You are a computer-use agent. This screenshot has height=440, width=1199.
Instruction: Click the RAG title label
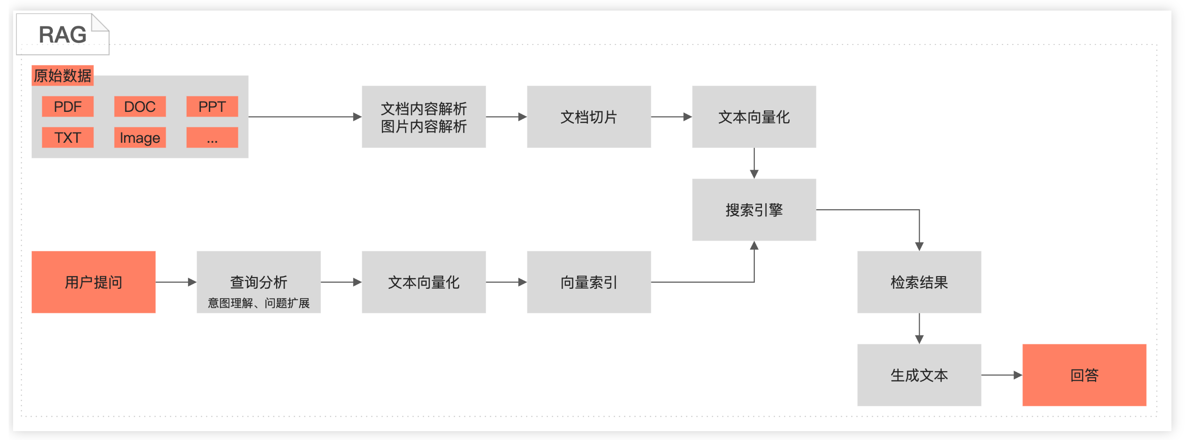pyautogui.click(x=62, y=35)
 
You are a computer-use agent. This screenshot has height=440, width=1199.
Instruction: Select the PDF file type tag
pyautogui.click(x=67, y=107)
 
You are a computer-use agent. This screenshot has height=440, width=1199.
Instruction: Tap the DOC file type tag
pyautogui.click(x=139, y=107)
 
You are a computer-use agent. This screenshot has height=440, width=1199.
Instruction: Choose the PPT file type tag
pyautogui.click(x=212, y=107)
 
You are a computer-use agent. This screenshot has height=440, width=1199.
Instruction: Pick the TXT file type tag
pyautogui.click(x=67, y=138)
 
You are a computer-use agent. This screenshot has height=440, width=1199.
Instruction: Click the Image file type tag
pyautogui.click(x=139, y=138)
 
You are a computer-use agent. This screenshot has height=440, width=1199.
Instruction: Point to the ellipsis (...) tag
pyautogui.click(x=212, y=138)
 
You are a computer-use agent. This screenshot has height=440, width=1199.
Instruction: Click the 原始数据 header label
pyautogui.click(x=62, y=75)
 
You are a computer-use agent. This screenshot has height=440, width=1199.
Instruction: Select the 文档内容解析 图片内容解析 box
pyautogui.click(x=424, y=117)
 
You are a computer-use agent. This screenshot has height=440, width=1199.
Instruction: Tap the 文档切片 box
pyautogui.click(x=589, y=117)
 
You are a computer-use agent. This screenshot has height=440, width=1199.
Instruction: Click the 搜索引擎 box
pyautogui.click(x=754, y=210)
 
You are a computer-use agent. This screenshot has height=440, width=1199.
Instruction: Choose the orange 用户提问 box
pyautogui.click(x=93, y=282)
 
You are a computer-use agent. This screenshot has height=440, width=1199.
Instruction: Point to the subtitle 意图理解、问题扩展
pyautogui.click(x=258, y=303)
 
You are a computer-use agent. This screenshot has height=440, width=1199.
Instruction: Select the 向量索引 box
pyautogui.click(x=589, y=282)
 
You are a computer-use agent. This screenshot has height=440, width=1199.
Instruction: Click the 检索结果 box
pyautogui.click(x=919, y=282)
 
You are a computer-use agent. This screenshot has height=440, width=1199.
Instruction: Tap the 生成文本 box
pyautogui.click(x=919, y=375)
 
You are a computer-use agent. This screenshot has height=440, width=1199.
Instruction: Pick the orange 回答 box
pyautogui.click(x=1084, y=375)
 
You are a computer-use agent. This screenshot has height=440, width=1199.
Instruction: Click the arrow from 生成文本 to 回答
pyautogui.click(x=1002, y=375)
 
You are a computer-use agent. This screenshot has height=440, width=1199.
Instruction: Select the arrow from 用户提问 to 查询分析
pyautogui.click(x=176, y=282)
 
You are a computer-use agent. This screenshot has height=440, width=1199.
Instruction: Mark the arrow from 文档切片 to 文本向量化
pyautogui.click(x=671, y=117)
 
